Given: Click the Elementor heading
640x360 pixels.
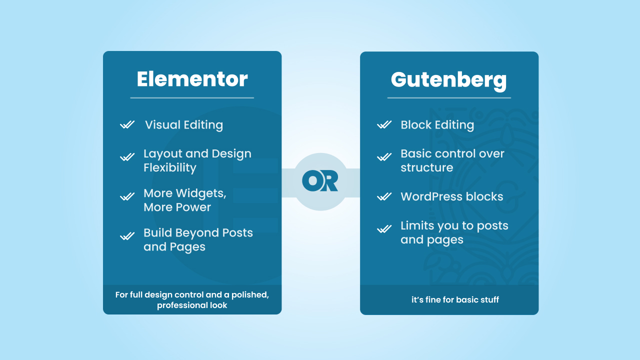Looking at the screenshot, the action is click(192, 79).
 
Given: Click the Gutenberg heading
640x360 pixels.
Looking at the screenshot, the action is click(448, 80).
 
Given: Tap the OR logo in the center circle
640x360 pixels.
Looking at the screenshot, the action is click(320, 181).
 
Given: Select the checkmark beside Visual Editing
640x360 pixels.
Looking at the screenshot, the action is click(127, 124).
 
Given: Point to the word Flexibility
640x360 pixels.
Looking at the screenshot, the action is click(169, 167).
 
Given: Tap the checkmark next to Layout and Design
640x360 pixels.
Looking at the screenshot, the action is click(127, 157).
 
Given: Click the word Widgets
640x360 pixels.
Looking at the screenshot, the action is click(201, 193).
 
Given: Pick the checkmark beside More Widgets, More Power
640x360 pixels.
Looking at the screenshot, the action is click(127, 196).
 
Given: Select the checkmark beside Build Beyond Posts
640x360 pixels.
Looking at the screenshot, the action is click(127, 236).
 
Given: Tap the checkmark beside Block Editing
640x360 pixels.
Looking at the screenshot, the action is click(384, 124).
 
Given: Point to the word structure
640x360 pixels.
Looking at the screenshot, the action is click(426, 167).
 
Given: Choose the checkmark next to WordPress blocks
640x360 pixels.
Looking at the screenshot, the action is click(384, 196).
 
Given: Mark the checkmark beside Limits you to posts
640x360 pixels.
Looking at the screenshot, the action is click(384, 229).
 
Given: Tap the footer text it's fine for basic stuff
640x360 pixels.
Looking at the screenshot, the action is click(455, 299).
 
